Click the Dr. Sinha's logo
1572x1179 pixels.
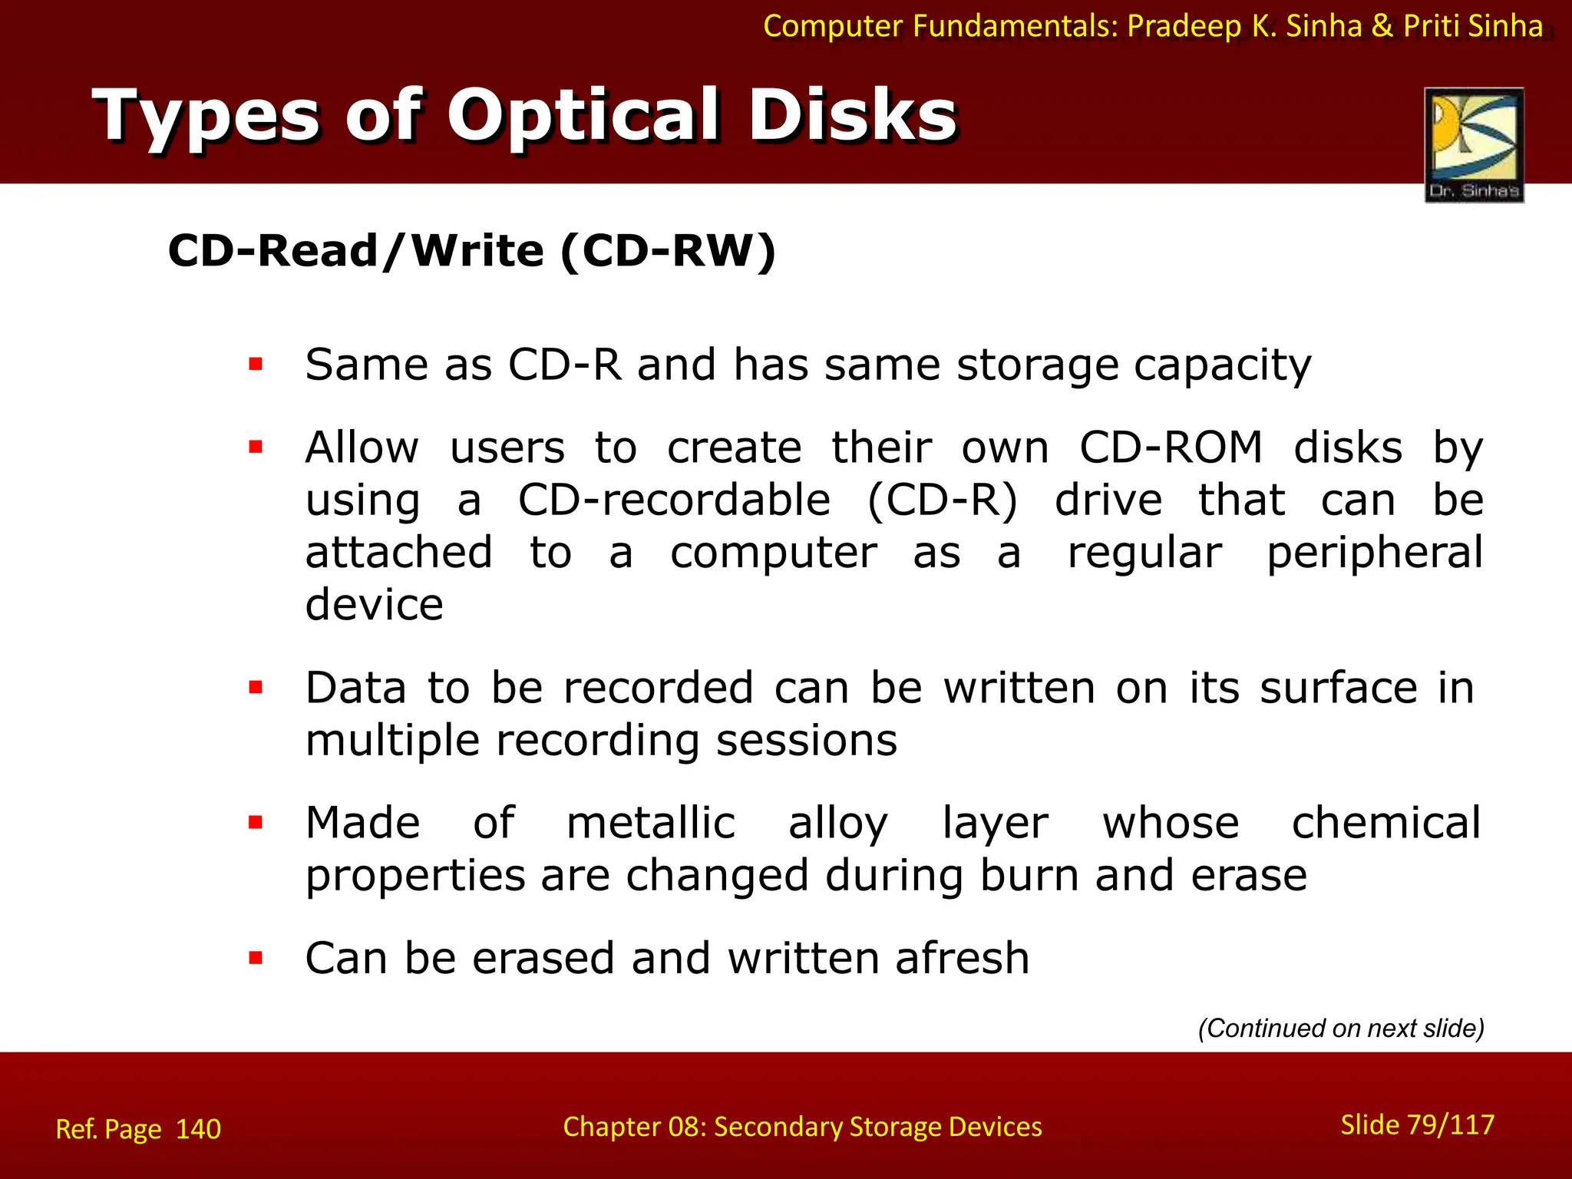(1474, 144)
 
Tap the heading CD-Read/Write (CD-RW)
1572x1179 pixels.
(471, 251)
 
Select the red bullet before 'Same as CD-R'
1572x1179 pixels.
(256, 364)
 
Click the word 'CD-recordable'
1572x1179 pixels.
(674, 500)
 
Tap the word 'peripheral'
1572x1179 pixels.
(1374, 553)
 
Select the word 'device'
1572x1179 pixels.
(374, 605)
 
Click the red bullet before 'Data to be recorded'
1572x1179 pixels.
(256, 687)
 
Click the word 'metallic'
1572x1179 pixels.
(651, 823)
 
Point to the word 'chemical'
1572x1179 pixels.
(1385, 823)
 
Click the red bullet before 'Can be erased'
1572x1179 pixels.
(256, 958)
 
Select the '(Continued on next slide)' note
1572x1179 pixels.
(1341, 1028)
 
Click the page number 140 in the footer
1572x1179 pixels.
(198, 1129)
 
